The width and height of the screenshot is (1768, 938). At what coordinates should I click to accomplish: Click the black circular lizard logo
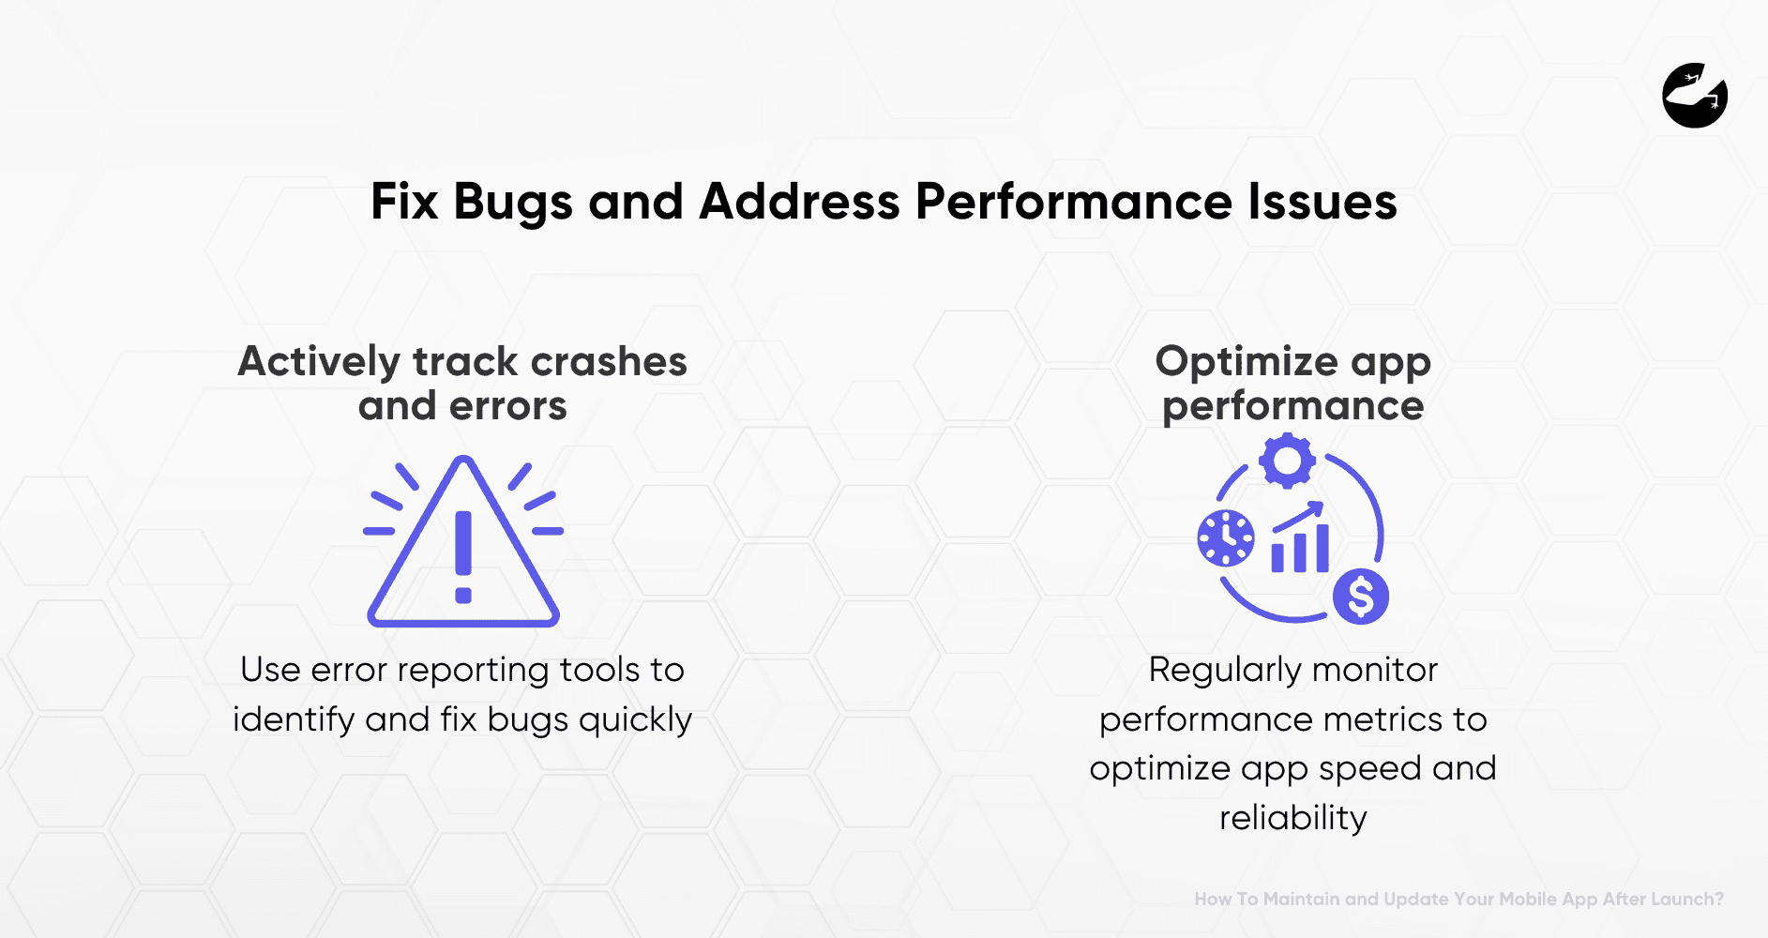[1695, 96]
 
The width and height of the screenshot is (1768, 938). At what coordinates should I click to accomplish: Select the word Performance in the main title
[1073, 202]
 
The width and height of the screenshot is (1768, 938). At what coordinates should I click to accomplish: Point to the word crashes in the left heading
[609, 362]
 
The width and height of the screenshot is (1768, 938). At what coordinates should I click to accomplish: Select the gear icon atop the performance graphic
[1287, 460]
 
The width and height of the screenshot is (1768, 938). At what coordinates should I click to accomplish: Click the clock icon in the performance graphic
[1226, 538]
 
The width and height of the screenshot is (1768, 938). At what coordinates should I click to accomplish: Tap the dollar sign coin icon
[1361, 597]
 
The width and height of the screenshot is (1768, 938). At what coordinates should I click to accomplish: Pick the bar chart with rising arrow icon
[1300, 538]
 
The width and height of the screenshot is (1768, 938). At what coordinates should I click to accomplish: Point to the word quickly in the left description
[635, 720]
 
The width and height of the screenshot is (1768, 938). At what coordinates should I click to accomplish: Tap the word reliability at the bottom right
[1292, 819]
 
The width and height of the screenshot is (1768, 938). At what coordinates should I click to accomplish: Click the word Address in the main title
[799, 202]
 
